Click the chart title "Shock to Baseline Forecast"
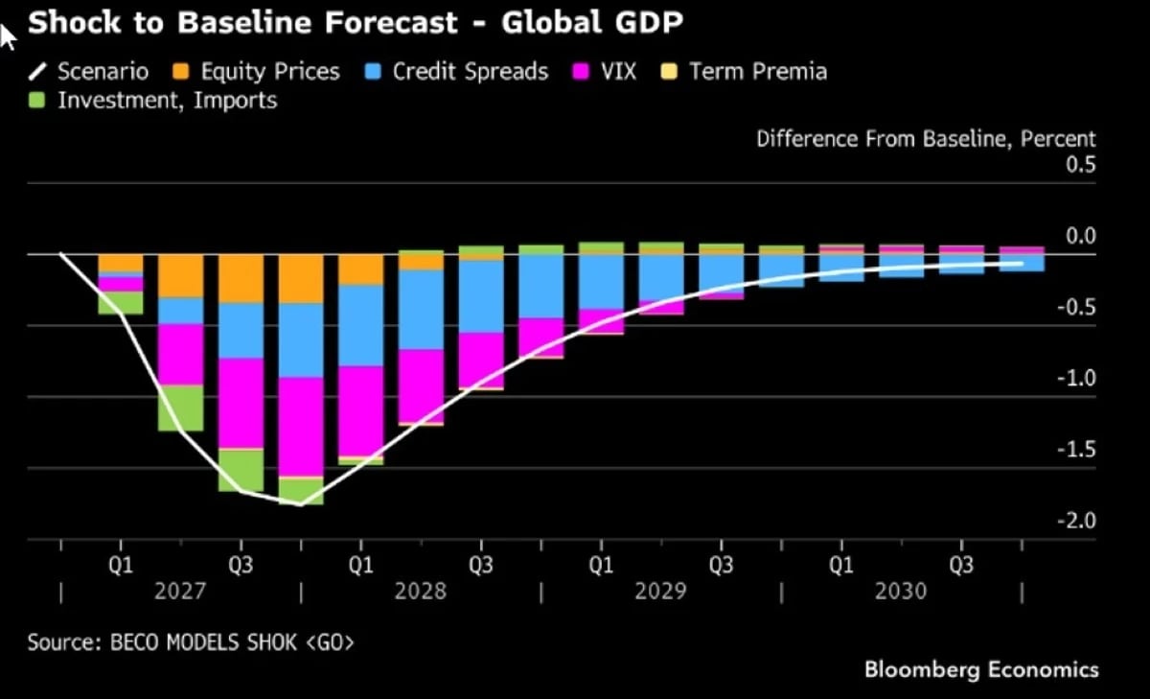[x=242, y=22]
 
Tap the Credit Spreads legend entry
[x=456, y=71]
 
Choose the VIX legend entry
[x=605, y=71]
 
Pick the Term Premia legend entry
[x=745, y=71]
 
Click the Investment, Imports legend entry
[x=153, y=100]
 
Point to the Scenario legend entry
[x=89, y=71]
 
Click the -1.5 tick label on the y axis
[x=1076, y=450]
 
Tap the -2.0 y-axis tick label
[x=1076, y=521]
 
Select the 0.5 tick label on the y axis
[x=1081, y=165]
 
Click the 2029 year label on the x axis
[x=660, y=592]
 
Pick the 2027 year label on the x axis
[x=180, y=592]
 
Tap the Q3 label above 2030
[x=961, y=565]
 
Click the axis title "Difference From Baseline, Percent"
[x=926, y=139]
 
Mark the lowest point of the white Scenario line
[x=301, y=505]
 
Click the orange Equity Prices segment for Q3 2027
[x=241, y=279]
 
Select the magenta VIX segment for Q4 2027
[x=301, y=427]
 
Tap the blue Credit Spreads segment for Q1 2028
[x=361, y=326]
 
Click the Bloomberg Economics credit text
[x=981, y=670]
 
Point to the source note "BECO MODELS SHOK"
[x=203, y=642]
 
